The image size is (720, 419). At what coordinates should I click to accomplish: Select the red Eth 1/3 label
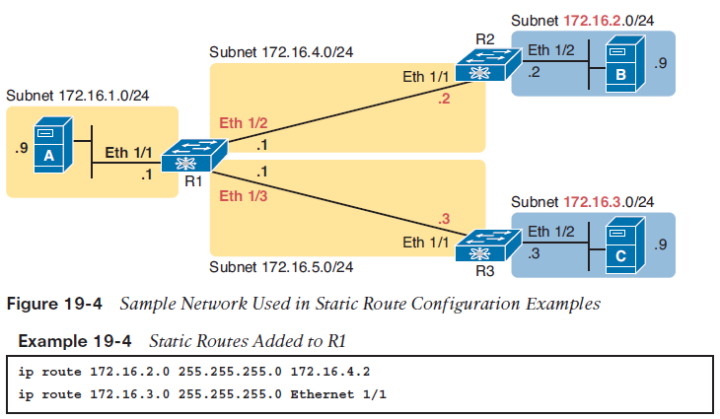click(242, 196)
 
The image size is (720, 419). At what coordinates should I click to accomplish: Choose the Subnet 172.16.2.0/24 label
click(584, 19)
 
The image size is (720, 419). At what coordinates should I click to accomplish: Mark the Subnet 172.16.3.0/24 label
click(584, 201)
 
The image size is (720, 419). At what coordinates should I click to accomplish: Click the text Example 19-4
click(72, 340)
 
